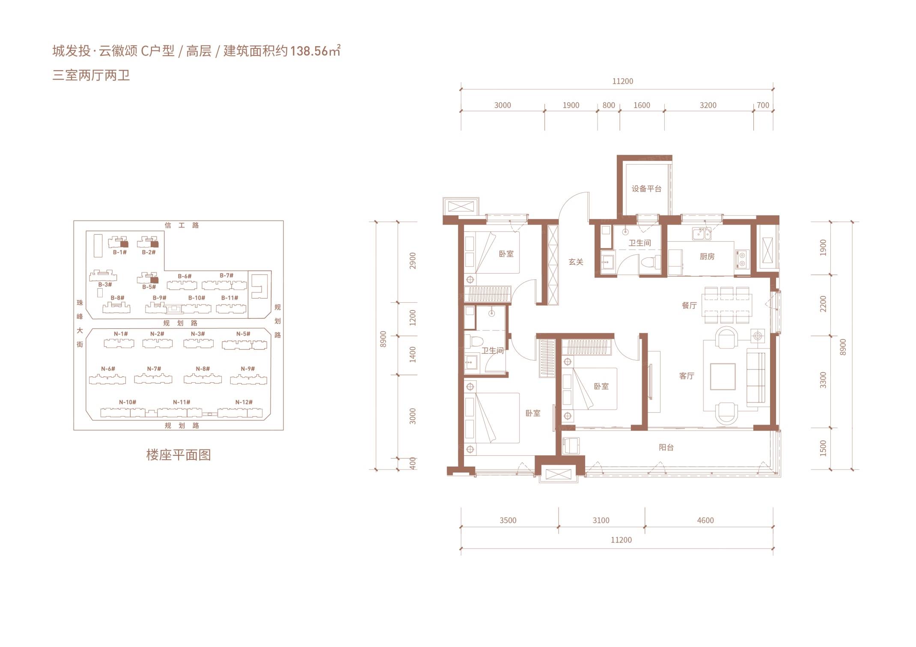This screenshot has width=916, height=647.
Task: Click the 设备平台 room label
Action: (646, 189)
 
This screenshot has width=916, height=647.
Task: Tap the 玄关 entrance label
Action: (576, 262)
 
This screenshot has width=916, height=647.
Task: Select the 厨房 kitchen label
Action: (707, 257)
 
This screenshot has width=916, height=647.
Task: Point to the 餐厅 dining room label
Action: (689, 305)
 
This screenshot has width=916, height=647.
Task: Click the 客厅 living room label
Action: (687, 376)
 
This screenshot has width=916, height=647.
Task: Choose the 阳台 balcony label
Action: (666, 447)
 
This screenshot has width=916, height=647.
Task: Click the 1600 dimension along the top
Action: (642, 105)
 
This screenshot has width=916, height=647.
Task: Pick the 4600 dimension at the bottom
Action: (705, 520)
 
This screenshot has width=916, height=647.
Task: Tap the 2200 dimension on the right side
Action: (823, 304)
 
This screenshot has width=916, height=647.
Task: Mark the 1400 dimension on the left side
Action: (413, 355)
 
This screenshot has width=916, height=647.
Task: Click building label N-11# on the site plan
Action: (181, 402)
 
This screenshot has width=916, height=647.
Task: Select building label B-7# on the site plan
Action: (226, 275)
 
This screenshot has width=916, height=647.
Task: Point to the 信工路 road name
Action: (182, 225)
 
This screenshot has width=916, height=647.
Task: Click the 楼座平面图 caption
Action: (178, 455)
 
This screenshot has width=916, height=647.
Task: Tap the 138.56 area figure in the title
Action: (309, 51)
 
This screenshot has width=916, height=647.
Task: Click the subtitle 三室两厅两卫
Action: (91, 76)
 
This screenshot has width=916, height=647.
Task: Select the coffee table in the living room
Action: (723, 377)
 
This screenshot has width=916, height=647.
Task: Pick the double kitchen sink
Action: (702, 233)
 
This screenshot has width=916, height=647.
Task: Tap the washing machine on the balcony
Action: (570, 446)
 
